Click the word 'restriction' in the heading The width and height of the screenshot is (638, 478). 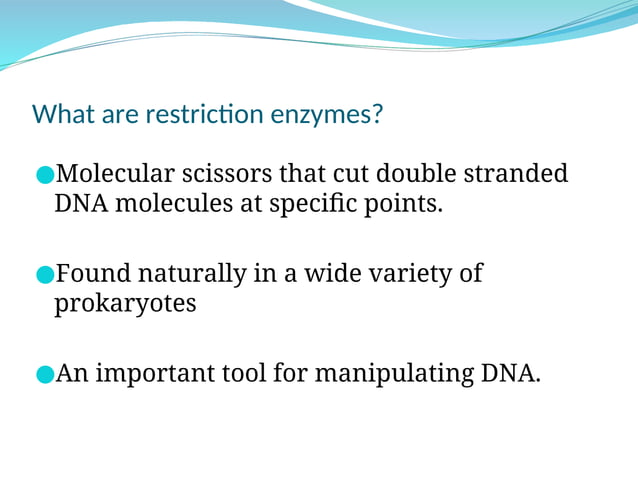205,114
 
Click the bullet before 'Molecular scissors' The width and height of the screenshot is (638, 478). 43,176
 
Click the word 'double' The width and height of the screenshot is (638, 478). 416,174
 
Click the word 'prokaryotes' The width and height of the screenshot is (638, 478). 125,305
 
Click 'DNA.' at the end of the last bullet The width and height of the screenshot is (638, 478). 511,374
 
